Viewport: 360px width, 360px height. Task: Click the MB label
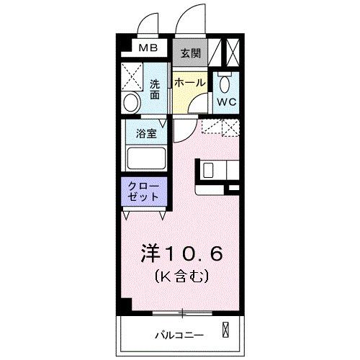click(148, 48)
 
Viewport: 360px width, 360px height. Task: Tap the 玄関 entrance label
click(190, 53)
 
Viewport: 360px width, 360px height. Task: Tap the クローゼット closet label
click(143, 192)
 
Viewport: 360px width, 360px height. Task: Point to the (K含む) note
click(181, 275)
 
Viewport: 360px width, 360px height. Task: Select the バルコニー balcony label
click(179, 335)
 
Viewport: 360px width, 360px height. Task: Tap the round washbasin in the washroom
click(130, 102)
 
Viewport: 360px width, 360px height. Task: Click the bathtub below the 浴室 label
click(146, 158)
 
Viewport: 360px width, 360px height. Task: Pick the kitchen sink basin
click(208, 170)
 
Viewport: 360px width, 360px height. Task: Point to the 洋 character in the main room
click(149, 253)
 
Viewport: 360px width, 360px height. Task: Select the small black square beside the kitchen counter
click(233, 188)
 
